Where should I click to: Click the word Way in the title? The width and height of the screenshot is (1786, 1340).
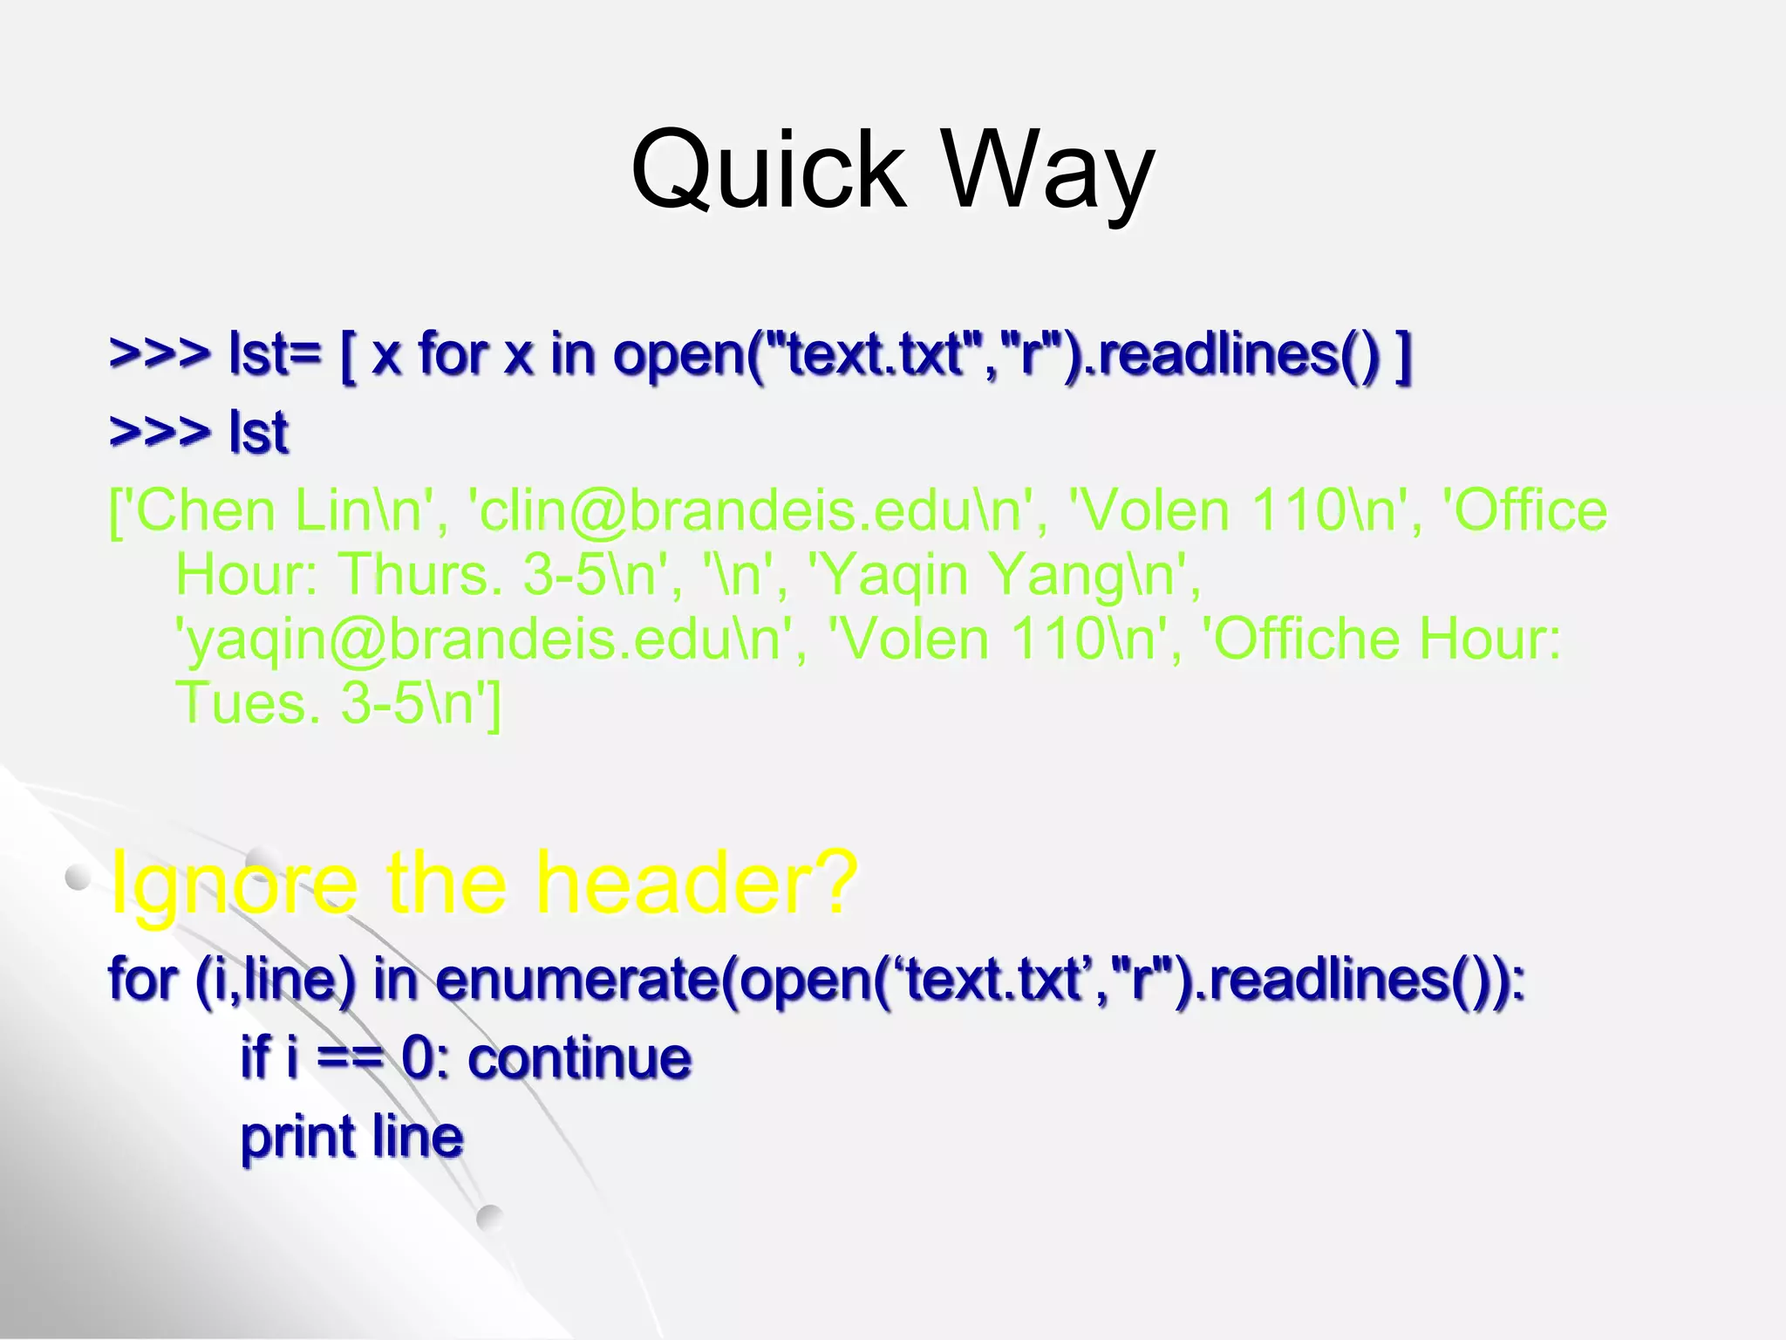(x=1047, y=170)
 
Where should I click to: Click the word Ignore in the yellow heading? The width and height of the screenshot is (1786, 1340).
(x=235, y=884)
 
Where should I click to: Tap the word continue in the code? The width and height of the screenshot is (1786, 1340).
(x=579, y=1058)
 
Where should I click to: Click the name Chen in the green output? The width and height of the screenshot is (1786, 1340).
(x=205, y=511)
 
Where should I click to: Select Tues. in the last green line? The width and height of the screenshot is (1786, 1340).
(x=249, y=703)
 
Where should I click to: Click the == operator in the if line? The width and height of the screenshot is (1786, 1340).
(x=350, y=1058)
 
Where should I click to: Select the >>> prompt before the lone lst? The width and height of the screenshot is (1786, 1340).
(x=160, y=432)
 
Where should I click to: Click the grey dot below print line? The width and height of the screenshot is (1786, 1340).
(x=489, y=1216)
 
